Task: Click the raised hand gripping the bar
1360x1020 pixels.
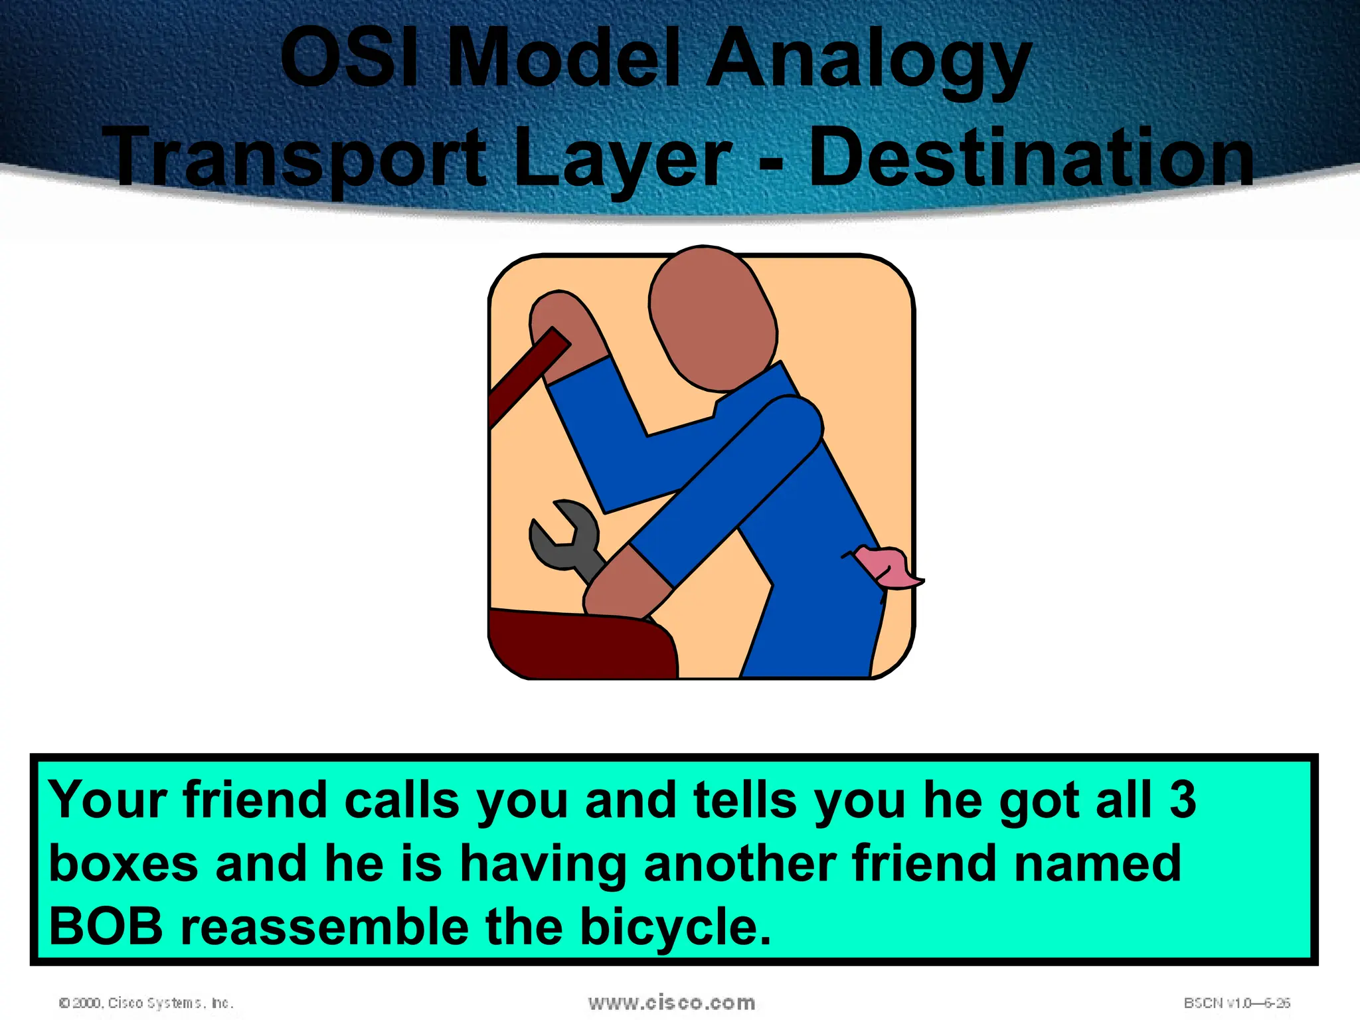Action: [564, 332]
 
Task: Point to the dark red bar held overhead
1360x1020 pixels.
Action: [525, 379]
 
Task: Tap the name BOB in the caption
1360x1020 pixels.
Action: [106, 927]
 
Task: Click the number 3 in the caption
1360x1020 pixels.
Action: [1182, 800]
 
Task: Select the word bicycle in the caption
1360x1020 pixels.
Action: [674, 928]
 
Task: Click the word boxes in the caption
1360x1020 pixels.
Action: [124, 863]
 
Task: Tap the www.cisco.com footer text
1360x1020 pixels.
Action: [671, 1003]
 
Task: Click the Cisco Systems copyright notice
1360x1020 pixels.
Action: [146, 1003]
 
